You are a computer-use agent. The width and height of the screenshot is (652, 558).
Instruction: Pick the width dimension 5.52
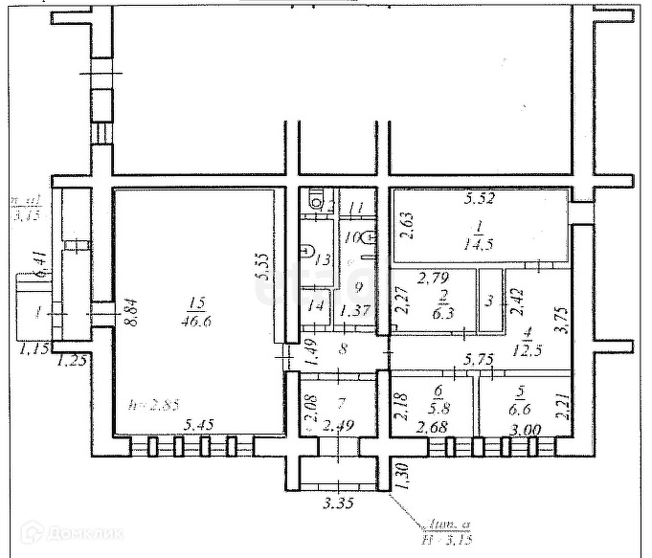point(483,200)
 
